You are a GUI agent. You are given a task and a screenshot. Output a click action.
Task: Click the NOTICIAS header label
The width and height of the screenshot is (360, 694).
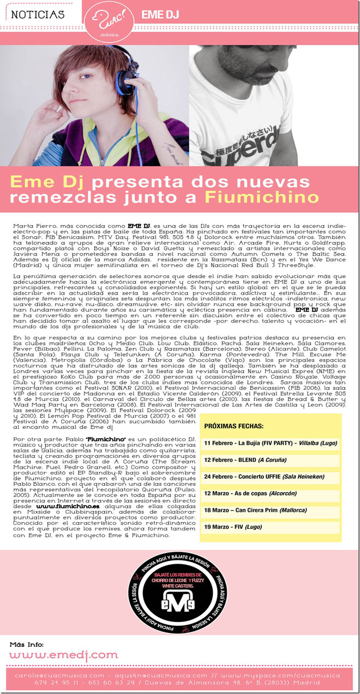[38, 15]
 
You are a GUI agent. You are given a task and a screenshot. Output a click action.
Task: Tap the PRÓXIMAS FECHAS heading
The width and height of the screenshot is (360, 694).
[234, 426]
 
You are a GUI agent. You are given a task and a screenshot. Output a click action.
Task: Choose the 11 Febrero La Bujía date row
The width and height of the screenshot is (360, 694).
[270, 443]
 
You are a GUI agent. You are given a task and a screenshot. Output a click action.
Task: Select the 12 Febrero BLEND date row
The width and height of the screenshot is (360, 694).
[270, 460]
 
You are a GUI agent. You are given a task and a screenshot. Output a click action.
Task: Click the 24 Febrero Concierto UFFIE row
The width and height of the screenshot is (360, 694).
[270, 476]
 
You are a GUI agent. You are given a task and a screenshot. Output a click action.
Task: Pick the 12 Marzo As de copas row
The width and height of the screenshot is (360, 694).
[270, 493]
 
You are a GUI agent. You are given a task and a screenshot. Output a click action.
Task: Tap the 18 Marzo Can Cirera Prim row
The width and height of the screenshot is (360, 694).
[270, 510]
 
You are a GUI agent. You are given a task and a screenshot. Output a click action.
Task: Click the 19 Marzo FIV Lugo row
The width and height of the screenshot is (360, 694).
[270, 527]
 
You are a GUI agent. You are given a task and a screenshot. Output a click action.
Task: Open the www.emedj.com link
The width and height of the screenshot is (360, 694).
[64, 654]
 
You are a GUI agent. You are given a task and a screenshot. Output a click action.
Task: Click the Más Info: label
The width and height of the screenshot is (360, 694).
[27, 644]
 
